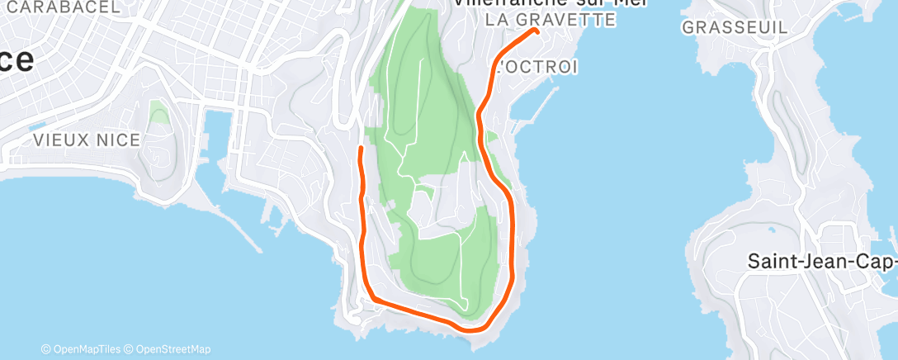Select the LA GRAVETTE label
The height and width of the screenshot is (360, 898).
[551, 19]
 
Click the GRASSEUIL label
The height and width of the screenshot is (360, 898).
[734, 27]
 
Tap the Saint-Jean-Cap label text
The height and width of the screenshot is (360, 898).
[822, 262]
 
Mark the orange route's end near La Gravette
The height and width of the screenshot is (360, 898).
[536, 31]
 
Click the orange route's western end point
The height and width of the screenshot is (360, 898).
[360, 149]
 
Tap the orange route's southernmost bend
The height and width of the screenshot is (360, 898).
[474, 329]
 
